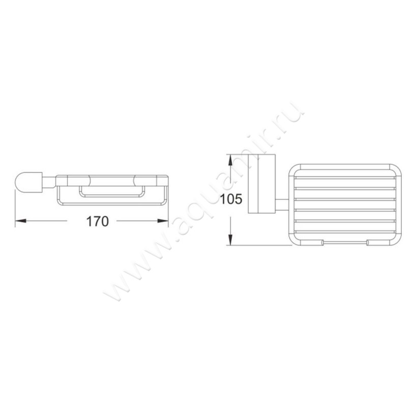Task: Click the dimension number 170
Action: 97,221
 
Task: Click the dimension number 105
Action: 231,199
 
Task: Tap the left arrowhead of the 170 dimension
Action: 21,221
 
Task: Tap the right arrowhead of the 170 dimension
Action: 163,221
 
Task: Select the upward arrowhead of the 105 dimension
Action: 230,160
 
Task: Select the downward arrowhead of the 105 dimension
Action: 230,239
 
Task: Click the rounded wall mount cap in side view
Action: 28,182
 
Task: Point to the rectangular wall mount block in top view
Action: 262,184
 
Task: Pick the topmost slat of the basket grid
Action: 345,178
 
